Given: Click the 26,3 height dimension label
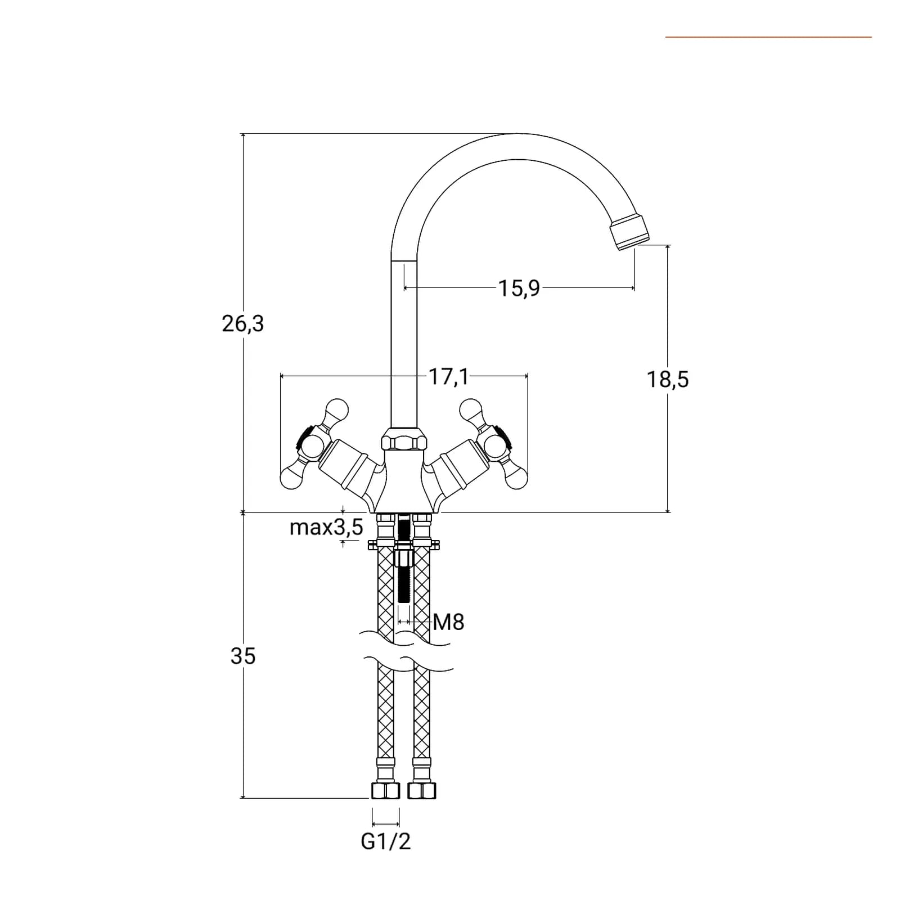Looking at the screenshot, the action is coord(242,324).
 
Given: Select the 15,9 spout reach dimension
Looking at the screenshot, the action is coord(519,288).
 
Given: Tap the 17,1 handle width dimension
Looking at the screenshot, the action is coord(448,376).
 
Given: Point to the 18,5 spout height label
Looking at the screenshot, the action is coord(667,380).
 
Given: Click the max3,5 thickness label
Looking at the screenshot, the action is coord(326,528).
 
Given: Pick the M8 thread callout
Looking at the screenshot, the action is coord(448,622).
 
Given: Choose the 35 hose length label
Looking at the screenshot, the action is coord(243,656).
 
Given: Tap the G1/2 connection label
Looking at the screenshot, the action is coord(386,841).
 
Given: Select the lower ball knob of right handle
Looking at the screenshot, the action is coord(517,479).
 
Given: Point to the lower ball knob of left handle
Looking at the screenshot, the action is coord(291,479).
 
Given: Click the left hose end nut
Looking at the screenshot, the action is coord(385,790).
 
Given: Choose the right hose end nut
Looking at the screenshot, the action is coord(422,790).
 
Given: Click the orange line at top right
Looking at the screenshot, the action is coord(768,37).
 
